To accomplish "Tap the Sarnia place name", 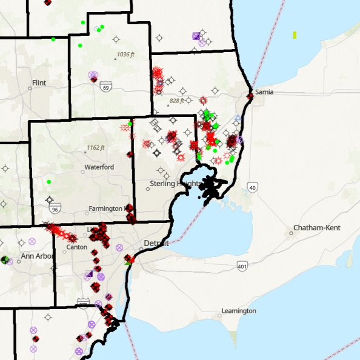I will (264, 92).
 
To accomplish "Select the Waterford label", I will (99, 167).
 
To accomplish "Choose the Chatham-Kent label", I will (316, 228).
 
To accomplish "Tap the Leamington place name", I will (238, 311).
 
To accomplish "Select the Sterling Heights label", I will (173, 183).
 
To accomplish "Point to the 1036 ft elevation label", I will (124, 55).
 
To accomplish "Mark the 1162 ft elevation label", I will (95, 147).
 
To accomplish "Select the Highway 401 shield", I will (242, 266).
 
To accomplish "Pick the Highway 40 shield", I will (252, 188).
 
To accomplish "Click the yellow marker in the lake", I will (295, 35).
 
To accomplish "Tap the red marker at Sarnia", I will (250, 96).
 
